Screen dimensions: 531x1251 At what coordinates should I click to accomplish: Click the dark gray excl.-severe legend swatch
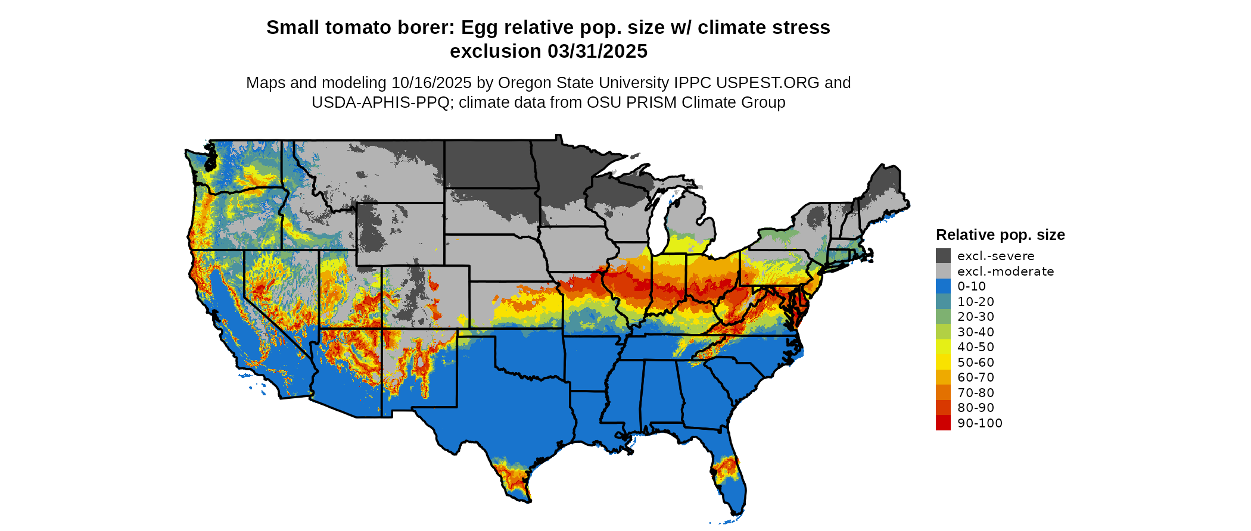pyautogui.click(x=943, y=256)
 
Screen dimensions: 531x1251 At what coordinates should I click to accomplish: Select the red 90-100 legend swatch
pyautogui.click(x=943, y=423)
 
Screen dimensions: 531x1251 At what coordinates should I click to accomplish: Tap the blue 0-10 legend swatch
pyautogui.click(x=943, y=286)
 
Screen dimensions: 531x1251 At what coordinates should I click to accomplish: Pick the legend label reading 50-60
pyautogui.click(x=976, y=363)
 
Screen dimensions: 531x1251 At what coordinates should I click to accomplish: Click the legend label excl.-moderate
pyautogui.click(x=1006, y=271)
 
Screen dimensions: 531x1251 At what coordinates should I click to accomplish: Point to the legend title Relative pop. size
pyautogui.click(x=1000, y=235)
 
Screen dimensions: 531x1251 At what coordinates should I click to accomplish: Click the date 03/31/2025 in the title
pyautogui.click(x=598, y=52)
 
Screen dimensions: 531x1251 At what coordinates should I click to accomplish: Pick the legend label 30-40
pyautogui.click(x=976, y=332)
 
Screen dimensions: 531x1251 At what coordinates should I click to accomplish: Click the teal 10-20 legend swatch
pyautogui.click(x=943, y=302)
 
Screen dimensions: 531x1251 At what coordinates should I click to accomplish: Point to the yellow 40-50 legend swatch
pyautogui.click(x=943, y=347)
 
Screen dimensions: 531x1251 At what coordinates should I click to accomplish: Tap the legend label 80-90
pyautogui.click(x=976, y=408)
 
